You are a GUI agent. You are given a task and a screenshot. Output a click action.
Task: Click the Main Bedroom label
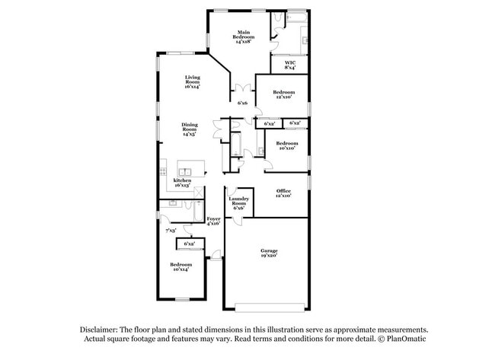[x=244, y=37]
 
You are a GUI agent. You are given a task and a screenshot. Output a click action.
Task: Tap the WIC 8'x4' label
[x=290, y=65]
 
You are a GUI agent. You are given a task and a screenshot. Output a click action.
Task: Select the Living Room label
[x=191, y=82]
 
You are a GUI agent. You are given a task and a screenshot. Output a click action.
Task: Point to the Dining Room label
[x=189, y=130]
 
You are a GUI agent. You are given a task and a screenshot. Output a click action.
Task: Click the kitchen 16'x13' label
[x=181, y=183]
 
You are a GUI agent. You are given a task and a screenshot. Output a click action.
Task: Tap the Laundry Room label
[x=238, y=204]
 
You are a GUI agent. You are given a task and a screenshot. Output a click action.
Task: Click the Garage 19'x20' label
[x=269, y=253]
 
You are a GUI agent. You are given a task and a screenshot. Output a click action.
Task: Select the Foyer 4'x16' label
[x=213, y=221]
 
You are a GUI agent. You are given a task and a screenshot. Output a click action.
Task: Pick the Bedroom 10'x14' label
[x=180, y=266]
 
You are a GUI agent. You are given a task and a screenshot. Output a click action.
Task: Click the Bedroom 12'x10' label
[x=283, y=95]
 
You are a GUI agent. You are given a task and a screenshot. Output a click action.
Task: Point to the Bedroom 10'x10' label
[x=287, y=146]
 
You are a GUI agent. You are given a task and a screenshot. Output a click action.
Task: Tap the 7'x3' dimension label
[x=171, y=229]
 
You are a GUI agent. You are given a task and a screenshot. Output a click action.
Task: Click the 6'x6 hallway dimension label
[x=243, y=102]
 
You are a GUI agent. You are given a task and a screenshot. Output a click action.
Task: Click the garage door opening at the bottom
[x=269, y=307]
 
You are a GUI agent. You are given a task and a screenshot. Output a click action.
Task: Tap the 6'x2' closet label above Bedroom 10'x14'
[x=189, y=244]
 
